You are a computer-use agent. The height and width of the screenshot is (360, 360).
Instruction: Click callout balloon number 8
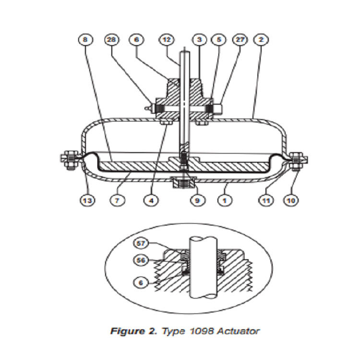tap(86, 40)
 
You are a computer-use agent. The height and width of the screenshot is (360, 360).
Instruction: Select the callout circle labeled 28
tap(111, 40)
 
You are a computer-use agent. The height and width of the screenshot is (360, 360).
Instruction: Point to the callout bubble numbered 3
tap(198, 40)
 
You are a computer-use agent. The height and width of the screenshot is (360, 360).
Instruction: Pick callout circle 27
tap(240, 40)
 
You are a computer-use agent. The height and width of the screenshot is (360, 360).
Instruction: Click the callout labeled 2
tap(262, 40)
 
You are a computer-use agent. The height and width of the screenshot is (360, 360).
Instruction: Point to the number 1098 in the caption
tap(200, 331)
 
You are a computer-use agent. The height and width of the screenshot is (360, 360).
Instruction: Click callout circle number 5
tap(219, 40)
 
